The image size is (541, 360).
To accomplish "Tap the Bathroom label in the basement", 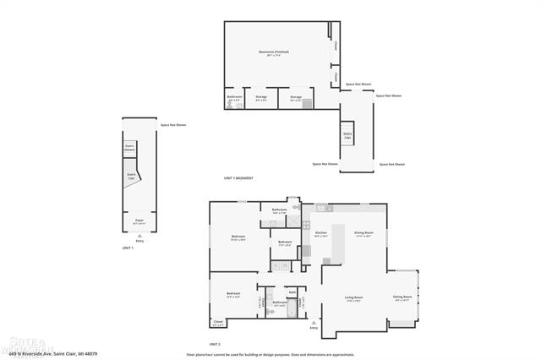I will pyautogui.click(x=234, y=98).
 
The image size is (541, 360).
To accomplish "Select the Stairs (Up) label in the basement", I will pyautogui.click(x=347, y=134).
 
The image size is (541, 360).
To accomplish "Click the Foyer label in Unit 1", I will pyautogui.click(x=139, y=221).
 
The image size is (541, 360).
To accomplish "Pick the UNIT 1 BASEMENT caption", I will pyautogui.click(x=238, y=178).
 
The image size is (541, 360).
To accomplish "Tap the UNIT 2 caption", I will pyautogui.click(x=214, y=345).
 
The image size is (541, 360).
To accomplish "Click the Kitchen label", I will pyautogui.click(x=321, y=234).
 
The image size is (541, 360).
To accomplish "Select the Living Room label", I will pyautogui.click(x=353, y=298).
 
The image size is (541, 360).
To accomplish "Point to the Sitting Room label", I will pyautogui.click(x=402, y=297).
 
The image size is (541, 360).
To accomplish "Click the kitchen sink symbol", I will pyautogui.click(x=320, y=208).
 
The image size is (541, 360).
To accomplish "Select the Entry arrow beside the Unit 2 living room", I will pyautogui.click(x=313, y=325).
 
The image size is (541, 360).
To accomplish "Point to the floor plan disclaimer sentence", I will pyautogui.click(x=270, y=355).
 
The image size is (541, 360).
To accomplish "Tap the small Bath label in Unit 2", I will pyautogui.click(x=292, y=292).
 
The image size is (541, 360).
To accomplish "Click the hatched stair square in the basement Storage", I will pyautogui.click(x=307, y=105).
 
